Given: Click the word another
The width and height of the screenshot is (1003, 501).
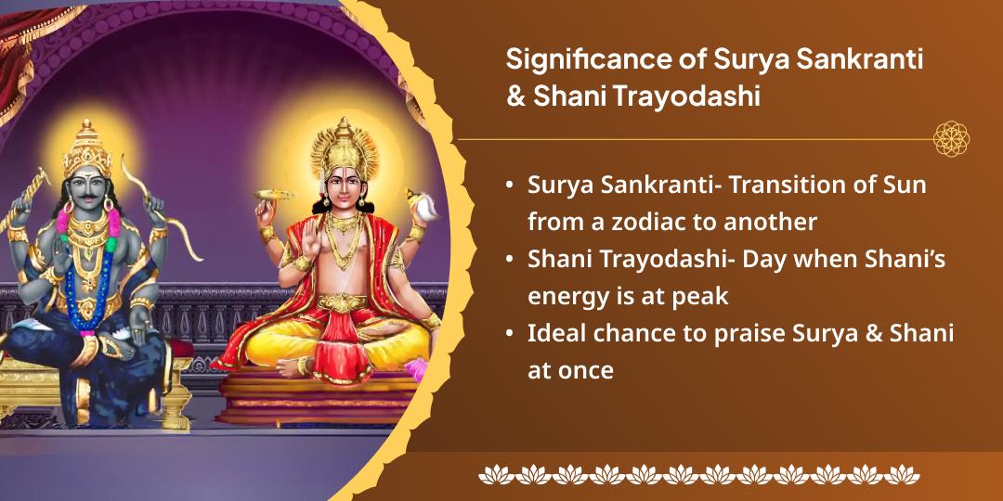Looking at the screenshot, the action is tap(774, 222).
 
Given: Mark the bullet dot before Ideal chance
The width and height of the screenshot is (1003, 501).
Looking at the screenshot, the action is tap(509, 334).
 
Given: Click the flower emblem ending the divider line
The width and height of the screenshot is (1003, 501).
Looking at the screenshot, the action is tap(951, 138).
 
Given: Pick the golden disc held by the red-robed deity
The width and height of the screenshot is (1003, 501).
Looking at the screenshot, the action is tap(273, 195).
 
